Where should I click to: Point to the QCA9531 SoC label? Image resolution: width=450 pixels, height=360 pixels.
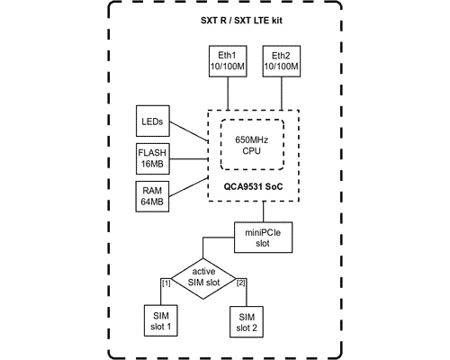pyautogui.click(x=253, y=186)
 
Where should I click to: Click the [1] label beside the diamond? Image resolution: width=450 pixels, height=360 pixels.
pyautogui.click(x=166, y=283)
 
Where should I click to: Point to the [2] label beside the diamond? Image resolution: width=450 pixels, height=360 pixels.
pyautogui.click(x=241, y=283)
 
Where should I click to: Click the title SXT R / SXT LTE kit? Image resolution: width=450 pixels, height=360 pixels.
pyautogui.click(x=241, y=21)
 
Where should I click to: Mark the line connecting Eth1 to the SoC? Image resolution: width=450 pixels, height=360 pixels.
pyautogui.click(x=228, y=94)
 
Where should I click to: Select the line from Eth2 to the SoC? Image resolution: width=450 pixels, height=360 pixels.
pyautogui.click(x=282, y=94)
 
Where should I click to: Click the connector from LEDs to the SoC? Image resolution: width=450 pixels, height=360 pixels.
pyautogui.click(x=189, y=131)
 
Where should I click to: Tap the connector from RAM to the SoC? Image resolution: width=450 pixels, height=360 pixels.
pyautogui.click(x=189, y=187)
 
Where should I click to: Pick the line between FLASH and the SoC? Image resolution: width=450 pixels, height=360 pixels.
pyautogui.click(x=189, y=158)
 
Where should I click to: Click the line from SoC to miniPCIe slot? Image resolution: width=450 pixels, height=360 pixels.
pyautogui.click(x=264, y=211)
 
